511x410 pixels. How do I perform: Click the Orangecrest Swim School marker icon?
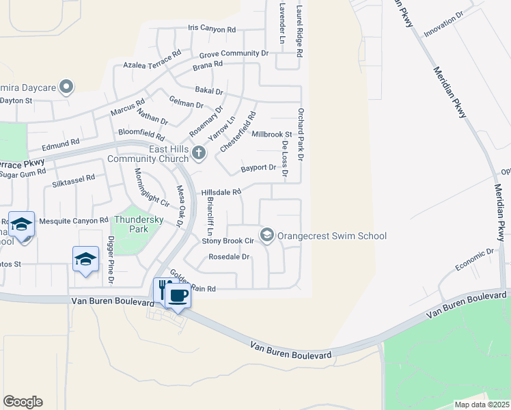[267, 236]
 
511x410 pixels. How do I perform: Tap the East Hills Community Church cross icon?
[199, 152]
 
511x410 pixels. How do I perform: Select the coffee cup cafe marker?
[178, 296]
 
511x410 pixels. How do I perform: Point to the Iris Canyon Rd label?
[212, 29]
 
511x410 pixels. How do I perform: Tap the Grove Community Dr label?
[234, 53]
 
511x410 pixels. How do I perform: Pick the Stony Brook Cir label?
[228, 241]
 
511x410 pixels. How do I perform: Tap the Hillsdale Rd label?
[221, 193]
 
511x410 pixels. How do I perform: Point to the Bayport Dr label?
[258, 168]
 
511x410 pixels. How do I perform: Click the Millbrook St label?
[271, 135]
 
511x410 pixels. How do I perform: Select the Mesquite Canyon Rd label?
[74, 221]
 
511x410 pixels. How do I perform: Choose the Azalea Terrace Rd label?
[152, 59]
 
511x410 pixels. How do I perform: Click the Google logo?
[23, 402]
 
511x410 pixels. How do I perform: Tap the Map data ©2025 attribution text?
[482, 405]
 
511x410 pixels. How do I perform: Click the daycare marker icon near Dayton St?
[66, 87]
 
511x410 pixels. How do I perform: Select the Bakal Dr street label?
[209, 91]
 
